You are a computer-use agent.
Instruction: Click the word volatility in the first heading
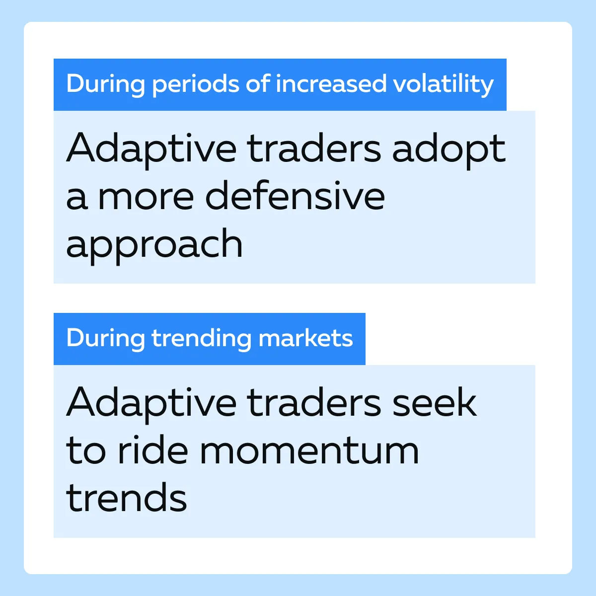coord(443,84)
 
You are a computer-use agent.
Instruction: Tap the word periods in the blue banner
coord(196,85)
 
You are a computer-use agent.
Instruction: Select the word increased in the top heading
coord(331,83)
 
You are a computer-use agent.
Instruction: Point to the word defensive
coord(295,196)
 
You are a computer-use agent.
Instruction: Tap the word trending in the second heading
coord(201,339)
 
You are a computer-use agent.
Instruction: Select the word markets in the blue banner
coord(305,338)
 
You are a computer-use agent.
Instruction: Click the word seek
coord(435,402)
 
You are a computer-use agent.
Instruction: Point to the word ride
coord(153,449)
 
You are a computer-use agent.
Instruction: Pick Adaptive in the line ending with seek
coord(151,405)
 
